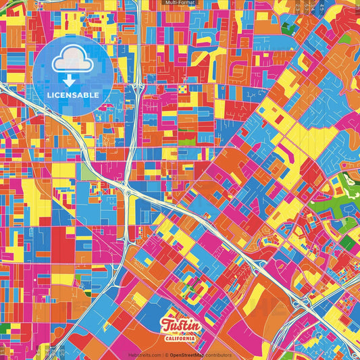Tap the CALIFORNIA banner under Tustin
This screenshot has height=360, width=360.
pyautogui.click(x=180, y=338)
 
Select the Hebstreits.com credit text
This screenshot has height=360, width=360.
pyautogui.click(x=145, y=355)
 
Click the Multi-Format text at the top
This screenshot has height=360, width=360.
pyautogui.click(x=179, y=3)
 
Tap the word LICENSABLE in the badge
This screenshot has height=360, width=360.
pyautogui.click(x=73, y=95)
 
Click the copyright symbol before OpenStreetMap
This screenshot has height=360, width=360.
pyautogui.click(x=167, y=355)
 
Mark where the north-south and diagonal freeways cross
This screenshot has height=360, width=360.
pyautogui.click(x=128, y=191)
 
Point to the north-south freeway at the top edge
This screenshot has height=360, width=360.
pyautogui.click(x=137, y=5)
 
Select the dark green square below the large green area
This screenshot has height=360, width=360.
pyautogui.click(x=346, y=242)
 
